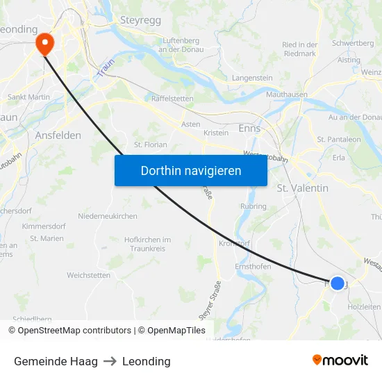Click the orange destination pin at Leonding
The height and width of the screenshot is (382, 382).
[x=44, y=43]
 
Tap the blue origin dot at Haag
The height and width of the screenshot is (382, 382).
[x=337, y=283]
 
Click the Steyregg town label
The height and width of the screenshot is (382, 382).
[x=140, y=21]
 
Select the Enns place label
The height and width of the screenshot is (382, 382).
[x=249, y=128]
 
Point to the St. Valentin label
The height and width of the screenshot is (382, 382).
[x=302, y=188]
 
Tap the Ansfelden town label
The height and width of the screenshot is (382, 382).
[x=58, y=135]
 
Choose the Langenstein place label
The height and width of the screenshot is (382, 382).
[x=252, y=78]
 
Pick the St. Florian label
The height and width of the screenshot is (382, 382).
[x=151, y=145]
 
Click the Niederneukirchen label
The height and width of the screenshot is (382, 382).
[x=108, y=216]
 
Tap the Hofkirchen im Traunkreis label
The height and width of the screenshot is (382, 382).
[x=147, y=243]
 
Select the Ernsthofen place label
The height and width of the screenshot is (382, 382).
[x=253, y=267]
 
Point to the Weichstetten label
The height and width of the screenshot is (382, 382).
[x=88, y=275]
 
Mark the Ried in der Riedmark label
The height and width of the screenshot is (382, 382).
[x=299, y=49]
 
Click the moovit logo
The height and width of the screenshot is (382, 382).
[x=340, y=360]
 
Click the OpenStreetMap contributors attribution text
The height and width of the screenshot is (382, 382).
[x=69, y=331]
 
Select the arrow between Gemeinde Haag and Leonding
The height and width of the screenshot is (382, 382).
[x=110, y=361]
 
